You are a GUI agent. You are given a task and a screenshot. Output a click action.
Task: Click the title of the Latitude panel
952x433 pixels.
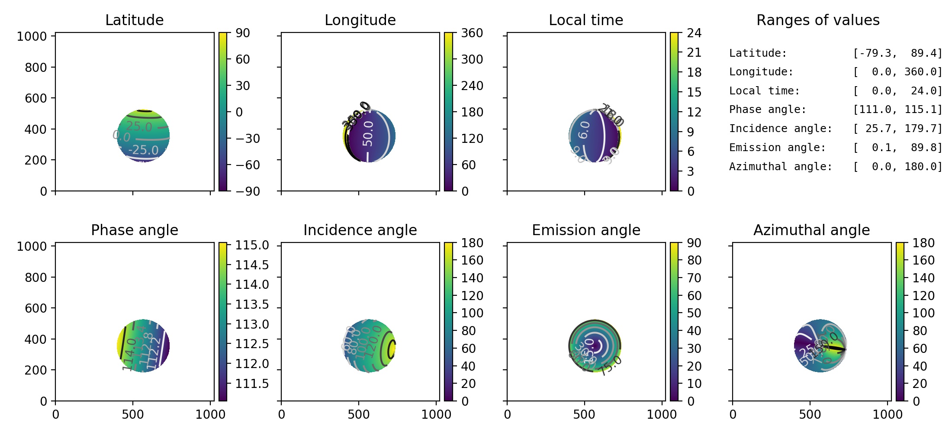(134, 20)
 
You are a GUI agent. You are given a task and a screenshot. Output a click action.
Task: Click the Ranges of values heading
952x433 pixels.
(817, 20)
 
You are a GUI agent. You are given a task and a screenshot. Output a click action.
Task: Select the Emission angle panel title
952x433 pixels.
(586, 230)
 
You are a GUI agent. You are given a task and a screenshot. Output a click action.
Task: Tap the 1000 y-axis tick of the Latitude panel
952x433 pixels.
(32, 36)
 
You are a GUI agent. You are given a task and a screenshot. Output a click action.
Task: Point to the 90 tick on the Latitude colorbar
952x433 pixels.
(243, 33)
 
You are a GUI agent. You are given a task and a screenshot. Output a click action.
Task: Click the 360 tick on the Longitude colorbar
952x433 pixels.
(472, 33)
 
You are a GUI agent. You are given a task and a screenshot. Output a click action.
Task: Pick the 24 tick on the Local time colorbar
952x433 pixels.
(694, 33)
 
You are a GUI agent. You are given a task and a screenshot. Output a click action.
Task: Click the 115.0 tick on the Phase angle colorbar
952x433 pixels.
(252, 245)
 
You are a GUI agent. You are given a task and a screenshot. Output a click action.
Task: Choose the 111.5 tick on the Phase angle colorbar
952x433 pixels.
(252, 384)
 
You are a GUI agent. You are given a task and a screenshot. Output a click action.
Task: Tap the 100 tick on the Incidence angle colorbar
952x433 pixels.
(472, 313)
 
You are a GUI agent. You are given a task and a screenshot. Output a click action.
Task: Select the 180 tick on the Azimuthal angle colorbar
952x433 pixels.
(923, 243)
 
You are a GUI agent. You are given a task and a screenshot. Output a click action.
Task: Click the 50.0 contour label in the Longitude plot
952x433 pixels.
(368, 133)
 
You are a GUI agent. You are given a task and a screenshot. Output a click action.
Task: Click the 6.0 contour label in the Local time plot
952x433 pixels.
(584, 129)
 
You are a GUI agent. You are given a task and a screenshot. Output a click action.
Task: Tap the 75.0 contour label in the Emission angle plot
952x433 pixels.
(611, 365)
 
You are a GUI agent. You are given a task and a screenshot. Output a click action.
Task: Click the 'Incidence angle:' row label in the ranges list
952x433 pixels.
(780, 129)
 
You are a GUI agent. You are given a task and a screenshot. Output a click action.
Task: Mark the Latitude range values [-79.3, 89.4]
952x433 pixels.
(897, 53)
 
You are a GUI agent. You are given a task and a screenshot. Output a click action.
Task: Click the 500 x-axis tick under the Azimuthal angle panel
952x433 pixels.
(810, 414)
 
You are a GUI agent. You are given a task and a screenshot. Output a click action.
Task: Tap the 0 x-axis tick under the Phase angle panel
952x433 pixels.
(55, 414)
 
